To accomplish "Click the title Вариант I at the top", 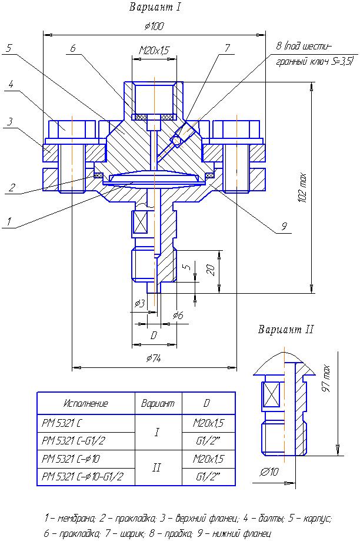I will (155, 8).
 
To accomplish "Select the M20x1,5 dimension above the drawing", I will (154, 51).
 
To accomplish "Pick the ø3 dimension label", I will (139, 303).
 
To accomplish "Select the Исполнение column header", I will (86, 404).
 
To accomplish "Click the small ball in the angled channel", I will (175, 140).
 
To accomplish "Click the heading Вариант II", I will (286, 330).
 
